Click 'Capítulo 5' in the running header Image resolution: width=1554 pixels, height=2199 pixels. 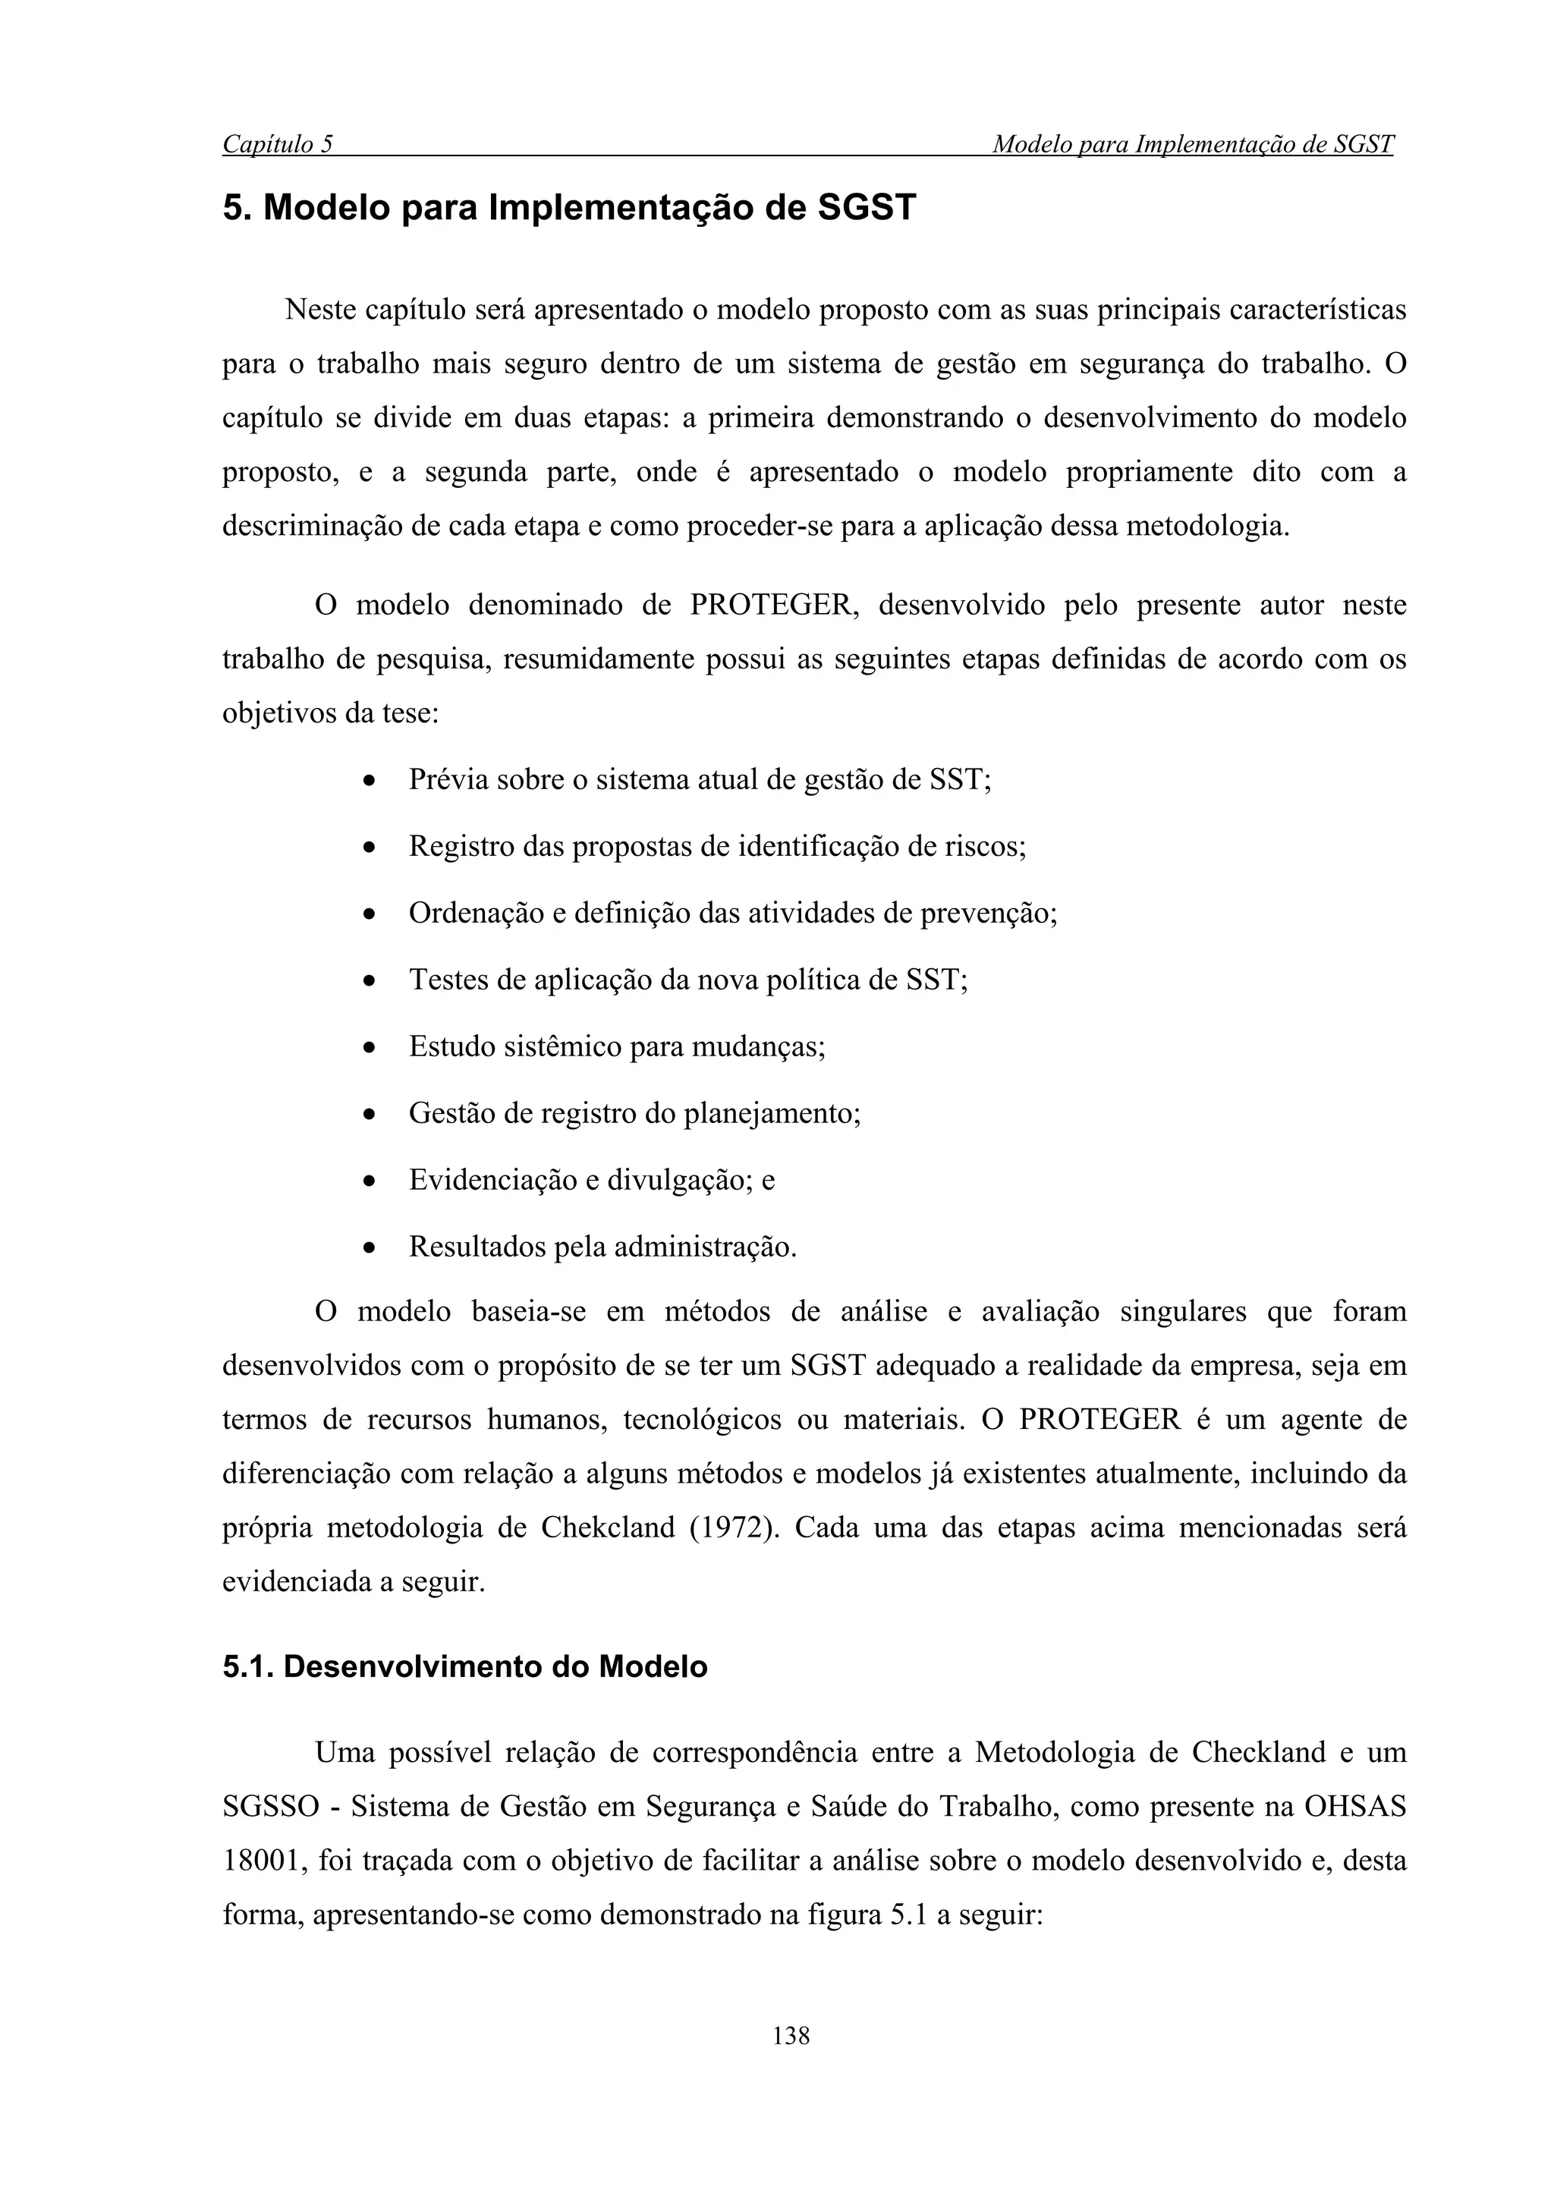click(278, 145)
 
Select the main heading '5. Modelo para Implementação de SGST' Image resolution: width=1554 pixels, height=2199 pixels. click(569, 208)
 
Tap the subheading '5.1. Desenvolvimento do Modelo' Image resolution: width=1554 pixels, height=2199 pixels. click(464, 1666)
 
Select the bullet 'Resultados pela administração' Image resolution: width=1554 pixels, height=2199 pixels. click(602, 1246)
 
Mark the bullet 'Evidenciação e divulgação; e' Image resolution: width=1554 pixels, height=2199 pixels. click(591, 1180)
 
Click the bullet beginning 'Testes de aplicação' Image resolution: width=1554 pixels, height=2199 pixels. click(687, 980)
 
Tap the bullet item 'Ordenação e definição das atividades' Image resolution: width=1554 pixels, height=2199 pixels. click(731, 913)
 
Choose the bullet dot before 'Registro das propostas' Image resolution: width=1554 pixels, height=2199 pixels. click(369, 848)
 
